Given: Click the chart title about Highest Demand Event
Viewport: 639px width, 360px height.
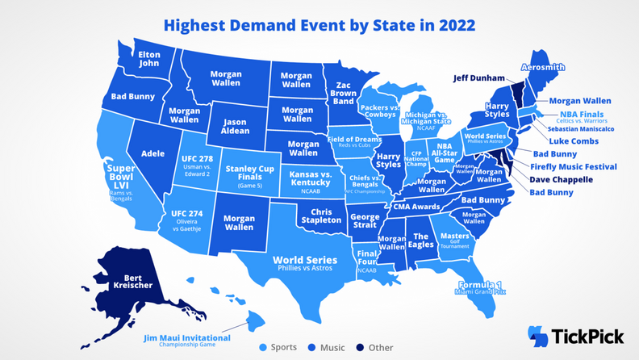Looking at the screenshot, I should (319, 24).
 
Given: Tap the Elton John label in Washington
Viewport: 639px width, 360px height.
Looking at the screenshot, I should (150, 60).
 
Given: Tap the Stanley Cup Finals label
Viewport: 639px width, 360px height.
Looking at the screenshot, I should (248, 174).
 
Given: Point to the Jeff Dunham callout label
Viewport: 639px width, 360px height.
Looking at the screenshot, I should (478, 78).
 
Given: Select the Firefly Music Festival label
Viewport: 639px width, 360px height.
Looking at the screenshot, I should (573, 167).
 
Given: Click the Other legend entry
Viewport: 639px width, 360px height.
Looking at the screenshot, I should (375, 348).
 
